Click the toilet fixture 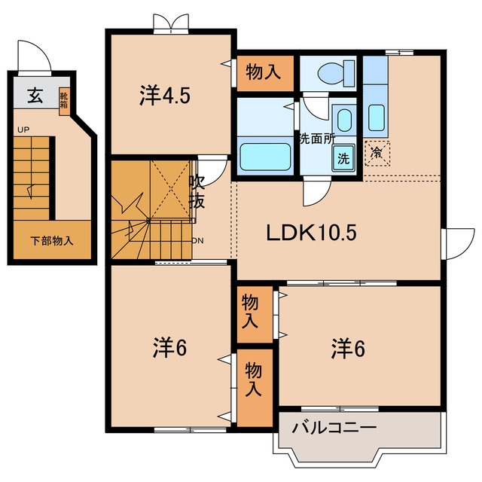coord(337,74)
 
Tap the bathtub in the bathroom coord(265,157)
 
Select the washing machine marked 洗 coord(343,157)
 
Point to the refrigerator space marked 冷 coord(377,153)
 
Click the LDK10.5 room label coord(311,233)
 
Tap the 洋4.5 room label coord(165,95)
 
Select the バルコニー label coord(334,428)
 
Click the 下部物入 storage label coord(52,241)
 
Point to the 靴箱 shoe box coord(64,101)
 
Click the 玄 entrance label coord(35,96)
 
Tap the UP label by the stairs coord(23,130)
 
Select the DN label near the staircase coord(197,241)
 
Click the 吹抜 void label coord(197,191)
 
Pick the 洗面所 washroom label coord(317,139)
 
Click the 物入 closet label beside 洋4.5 coord(264,72)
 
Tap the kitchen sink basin coord(377,117)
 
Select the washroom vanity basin coord(344,120)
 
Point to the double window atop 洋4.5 coord(171,24)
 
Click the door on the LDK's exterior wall coord(458,244)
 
